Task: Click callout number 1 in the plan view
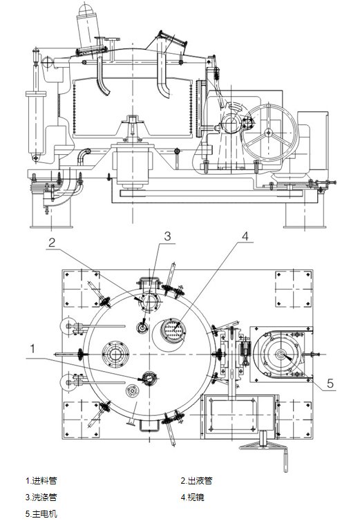[32, 349]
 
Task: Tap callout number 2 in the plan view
[52, 243]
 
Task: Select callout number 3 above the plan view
[167, 236]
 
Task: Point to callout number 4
[245, 236]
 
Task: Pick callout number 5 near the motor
[330, 383]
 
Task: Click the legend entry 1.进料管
[41, 480]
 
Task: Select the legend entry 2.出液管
[196, 480]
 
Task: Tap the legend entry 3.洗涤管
[41, 497]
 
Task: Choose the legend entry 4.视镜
[193, 497]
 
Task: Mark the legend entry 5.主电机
[41, 513]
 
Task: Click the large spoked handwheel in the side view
[269, 133]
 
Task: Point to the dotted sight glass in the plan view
[173, 331]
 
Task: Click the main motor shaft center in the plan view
[280, 354]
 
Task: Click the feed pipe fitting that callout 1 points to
[149, 379]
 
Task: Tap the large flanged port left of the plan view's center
[115, 354]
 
